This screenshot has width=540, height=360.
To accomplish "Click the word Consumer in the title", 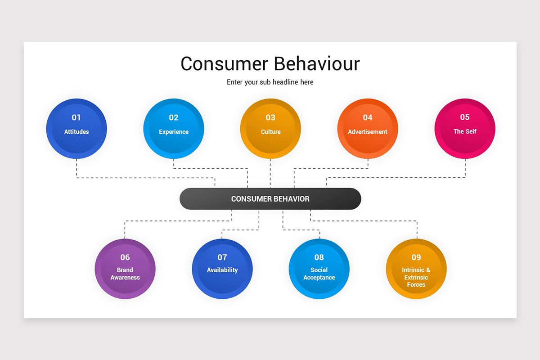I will coord(223,64).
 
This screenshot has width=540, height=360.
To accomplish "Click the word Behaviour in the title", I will coord(317,64).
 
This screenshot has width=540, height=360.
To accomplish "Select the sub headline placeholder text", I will coord(270,82).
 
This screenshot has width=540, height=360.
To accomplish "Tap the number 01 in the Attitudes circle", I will coord(76,117).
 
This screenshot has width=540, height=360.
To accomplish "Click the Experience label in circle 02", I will coord(174,132).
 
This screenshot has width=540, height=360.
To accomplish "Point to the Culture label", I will coord(270,132).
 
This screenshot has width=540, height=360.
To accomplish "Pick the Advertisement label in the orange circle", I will coord(368,132).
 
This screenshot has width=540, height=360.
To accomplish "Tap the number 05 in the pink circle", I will coord(465,117).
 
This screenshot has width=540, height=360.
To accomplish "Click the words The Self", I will coord(465,131).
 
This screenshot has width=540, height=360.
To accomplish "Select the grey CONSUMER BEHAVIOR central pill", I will coord(270,199).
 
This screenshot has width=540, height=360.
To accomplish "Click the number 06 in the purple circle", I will coord(125,257).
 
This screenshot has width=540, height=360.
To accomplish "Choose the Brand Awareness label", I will coord(125,274).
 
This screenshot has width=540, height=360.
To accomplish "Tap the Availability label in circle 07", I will coord(222,270).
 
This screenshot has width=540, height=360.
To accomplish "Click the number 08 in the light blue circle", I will coord(319,257).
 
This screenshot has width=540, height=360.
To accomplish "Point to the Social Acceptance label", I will coord(319,274).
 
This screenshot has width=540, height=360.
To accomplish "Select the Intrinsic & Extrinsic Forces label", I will coord(416,277).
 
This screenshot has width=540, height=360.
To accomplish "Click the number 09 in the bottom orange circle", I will coord(416,257).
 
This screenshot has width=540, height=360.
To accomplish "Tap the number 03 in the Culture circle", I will coord(270,117).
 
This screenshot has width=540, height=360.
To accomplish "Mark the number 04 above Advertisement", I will coord(368,117).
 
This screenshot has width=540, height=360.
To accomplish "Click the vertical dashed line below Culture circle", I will coord(270,173).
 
